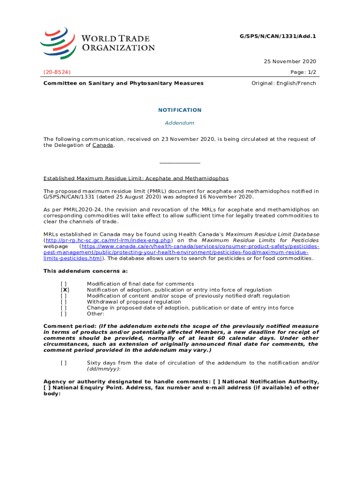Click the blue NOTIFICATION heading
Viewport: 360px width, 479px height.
click(180, 110)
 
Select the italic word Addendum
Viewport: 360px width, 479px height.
click(180, 123)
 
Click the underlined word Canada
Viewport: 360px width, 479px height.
click(103, 145)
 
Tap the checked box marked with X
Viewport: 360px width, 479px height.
click(65, 290)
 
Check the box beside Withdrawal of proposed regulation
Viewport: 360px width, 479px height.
click(64, 302)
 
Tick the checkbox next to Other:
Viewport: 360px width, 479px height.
click(64, 314)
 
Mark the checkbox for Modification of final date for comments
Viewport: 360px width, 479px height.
click(64, 284)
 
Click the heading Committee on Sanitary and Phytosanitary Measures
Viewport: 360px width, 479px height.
click(123, 83)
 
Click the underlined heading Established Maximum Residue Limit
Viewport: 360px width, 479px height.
click(136, 178)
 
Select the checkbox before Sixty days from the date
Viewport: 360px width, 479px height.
click(64, 363)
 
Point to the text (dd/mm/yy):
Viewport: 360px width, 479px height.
click(104, 369)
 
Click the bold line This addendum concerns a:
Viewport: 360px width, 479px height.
click(86, 271)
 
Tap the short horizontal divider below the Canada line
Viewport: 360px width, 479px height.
click(180, 163)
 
